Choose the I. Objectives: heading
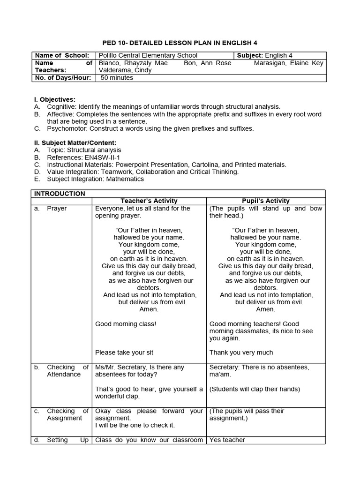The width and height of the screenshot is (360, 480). pyautogui.click(x=55, y=99)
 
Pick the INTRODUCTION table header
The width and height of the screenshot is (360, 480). pyautogui.click(x=60, y=194)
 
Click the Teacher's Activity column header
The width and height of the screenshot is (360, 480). pyautogui.click(x=150, y=201)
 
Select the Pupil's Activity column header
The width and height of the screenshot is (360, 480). pyautogui.click(x=265, y=201)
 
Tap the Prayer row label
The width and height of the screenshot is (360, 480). pyautogui.click(x=57, y=208)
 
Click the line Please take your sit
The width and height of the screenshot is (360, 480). pyautogui.click(x=124, y=352)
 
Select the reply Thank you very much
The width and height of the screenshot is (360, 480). pyautogui.click(x=241, y=352)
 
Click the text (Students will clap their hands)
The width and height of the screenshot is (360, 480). pyautogui.click(x=255, y=389)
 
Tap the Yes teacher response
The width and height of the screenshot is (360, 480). pyautogui.click(x=227, y=440)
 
